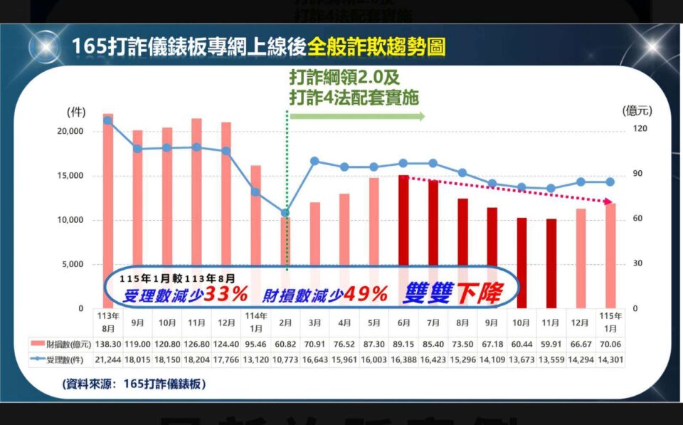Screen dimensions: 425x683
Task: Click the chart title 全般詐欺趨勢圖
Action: pos(378,48)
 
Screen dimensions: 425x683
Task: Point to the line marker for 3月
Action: pos(314,161)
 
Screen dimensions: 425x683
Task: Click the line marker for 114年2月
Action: pos(286,213)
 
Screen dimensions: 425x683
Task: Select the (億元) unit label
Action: pos(637,110)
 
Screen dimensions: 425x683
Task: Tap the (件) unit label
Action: pos(76,112)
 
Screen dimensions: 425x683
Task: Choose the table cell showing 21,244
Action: pos(108,360)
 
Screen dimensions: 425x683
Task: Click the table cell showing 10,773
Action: pos(286,360)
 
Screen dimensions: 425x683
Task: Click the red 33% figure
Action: pos(226,293)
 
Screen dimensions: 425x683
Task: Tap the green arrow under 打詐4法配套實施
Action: pos(356,116)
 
